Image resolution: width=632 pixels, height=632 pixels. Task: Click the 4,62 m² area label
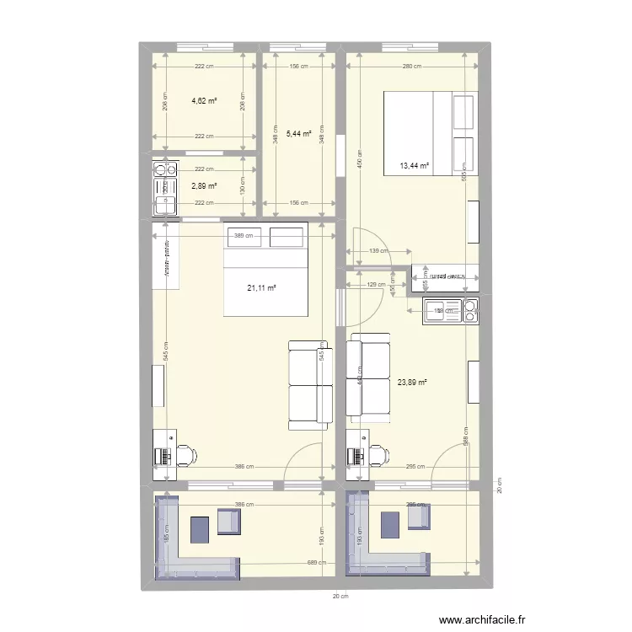[x=204, y=100]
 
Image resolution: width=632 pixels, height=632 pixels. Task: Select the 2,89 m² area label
[x=204, y=186]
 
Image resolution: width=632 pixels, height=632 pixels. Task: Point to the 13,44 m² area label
[x=415, y=166]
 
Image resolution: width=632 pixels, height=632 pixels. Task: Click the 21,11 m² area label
[x=262, y=287]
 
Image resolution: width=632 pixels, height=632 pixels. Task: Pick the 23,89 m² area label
[x=412, y=381]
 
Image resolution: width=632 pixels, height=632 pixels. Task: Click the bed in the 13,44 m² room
[x=431, y=131]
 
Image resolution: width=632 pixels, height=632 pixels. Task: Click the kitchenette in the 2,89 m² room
[x=164, y=187]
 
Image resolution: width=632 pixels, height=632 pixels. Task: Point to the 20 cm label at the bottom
[x=340, y=596]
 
